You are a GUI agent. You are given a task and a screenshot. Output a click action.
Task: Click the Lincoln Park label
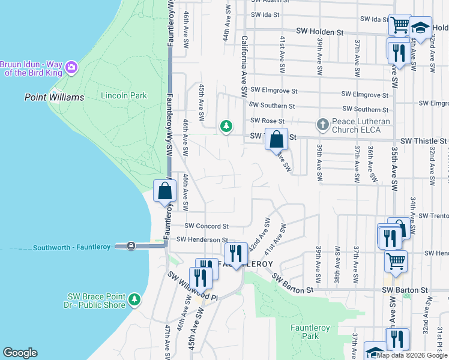124,95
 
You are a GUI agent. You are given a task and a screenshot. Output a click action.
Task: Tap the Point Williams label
54,97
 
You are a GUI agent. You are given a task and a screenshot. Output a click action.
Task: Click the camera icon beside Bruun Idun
71,66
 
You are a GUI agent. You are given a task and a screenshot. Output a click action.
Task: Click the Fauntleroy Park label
304,332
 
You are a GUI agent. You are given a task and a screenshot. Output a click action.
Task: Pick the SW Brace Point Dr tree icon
134,298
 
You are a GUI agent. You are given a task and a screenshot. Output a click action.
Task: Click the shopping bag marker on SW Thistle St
276,140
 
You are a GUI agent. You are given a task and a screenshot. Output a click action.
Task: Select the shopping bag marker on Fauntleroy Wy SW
164,191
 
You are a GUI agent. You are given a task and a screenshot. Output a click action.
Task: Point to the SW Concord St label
206,226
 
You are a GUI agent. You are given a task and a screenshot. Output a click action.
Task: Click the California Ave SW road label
244,67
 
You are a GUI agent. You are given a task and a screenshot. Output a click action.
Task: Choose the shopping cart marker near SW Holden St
400,25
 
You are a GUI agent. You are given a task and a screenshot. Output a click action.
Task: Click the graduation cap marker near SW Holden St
421,28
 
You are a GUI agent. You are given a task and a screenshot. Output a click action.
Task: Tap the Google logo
20,353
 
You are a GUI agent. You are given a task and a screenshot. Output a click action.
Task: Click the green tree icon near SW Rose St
226,126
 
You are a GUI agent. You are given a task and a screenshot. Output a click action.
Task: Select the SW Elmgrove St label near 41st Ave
274,91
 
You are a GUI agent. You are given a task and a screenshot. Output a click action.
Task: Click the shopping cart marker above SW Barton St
396,261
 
